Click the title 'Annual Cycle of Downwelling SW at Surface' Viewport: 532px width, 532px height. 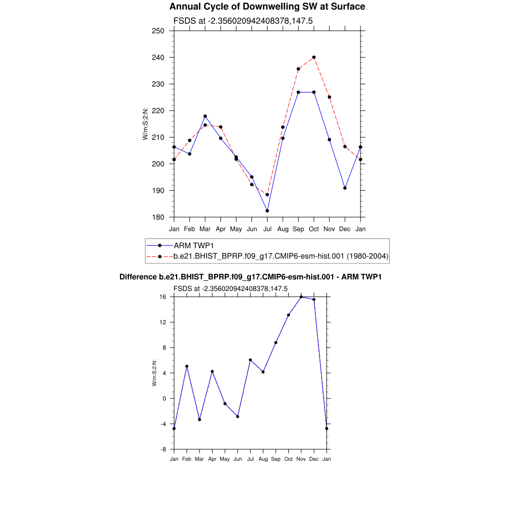(x=267, y=7)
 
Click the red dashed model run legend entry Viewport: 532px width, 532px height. (x=281, y=256)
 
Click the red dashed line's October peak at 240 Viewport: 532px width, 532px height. (x=314, y=57)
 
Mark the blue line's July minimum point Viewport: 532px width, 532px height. (x=267, y=210)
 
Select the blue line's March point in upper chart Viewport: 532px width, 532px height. (x=205, y=116)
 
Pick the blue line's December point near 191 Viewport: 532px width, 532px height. (x=345, y=188)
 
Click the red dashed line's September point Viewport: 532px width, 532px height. (x=298, y=69)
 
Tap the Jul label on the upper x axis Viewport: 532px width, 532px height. (x=267, y=229)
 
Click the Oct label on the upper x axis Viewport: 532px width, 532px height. (x=314, y=229)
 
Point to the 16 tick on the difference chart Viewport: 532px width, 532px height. (x=163, y=297)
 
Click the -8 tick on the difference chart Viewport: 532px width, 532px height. (x=163, y=449)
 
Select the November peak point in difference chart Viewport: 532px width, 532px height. (x=301, y=297)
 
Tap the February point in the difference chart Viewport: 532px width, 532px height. (x=187, y=366)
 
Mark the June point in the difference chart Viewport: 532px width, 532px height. (x=237, y=416)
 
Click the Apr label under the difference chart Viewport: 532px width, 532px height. (x=212, y=459)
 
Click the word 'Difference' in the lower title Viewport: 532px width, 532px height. (x=138, y=277)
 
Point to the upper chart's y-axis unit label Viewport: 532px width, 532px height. (x=146, y=124)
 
